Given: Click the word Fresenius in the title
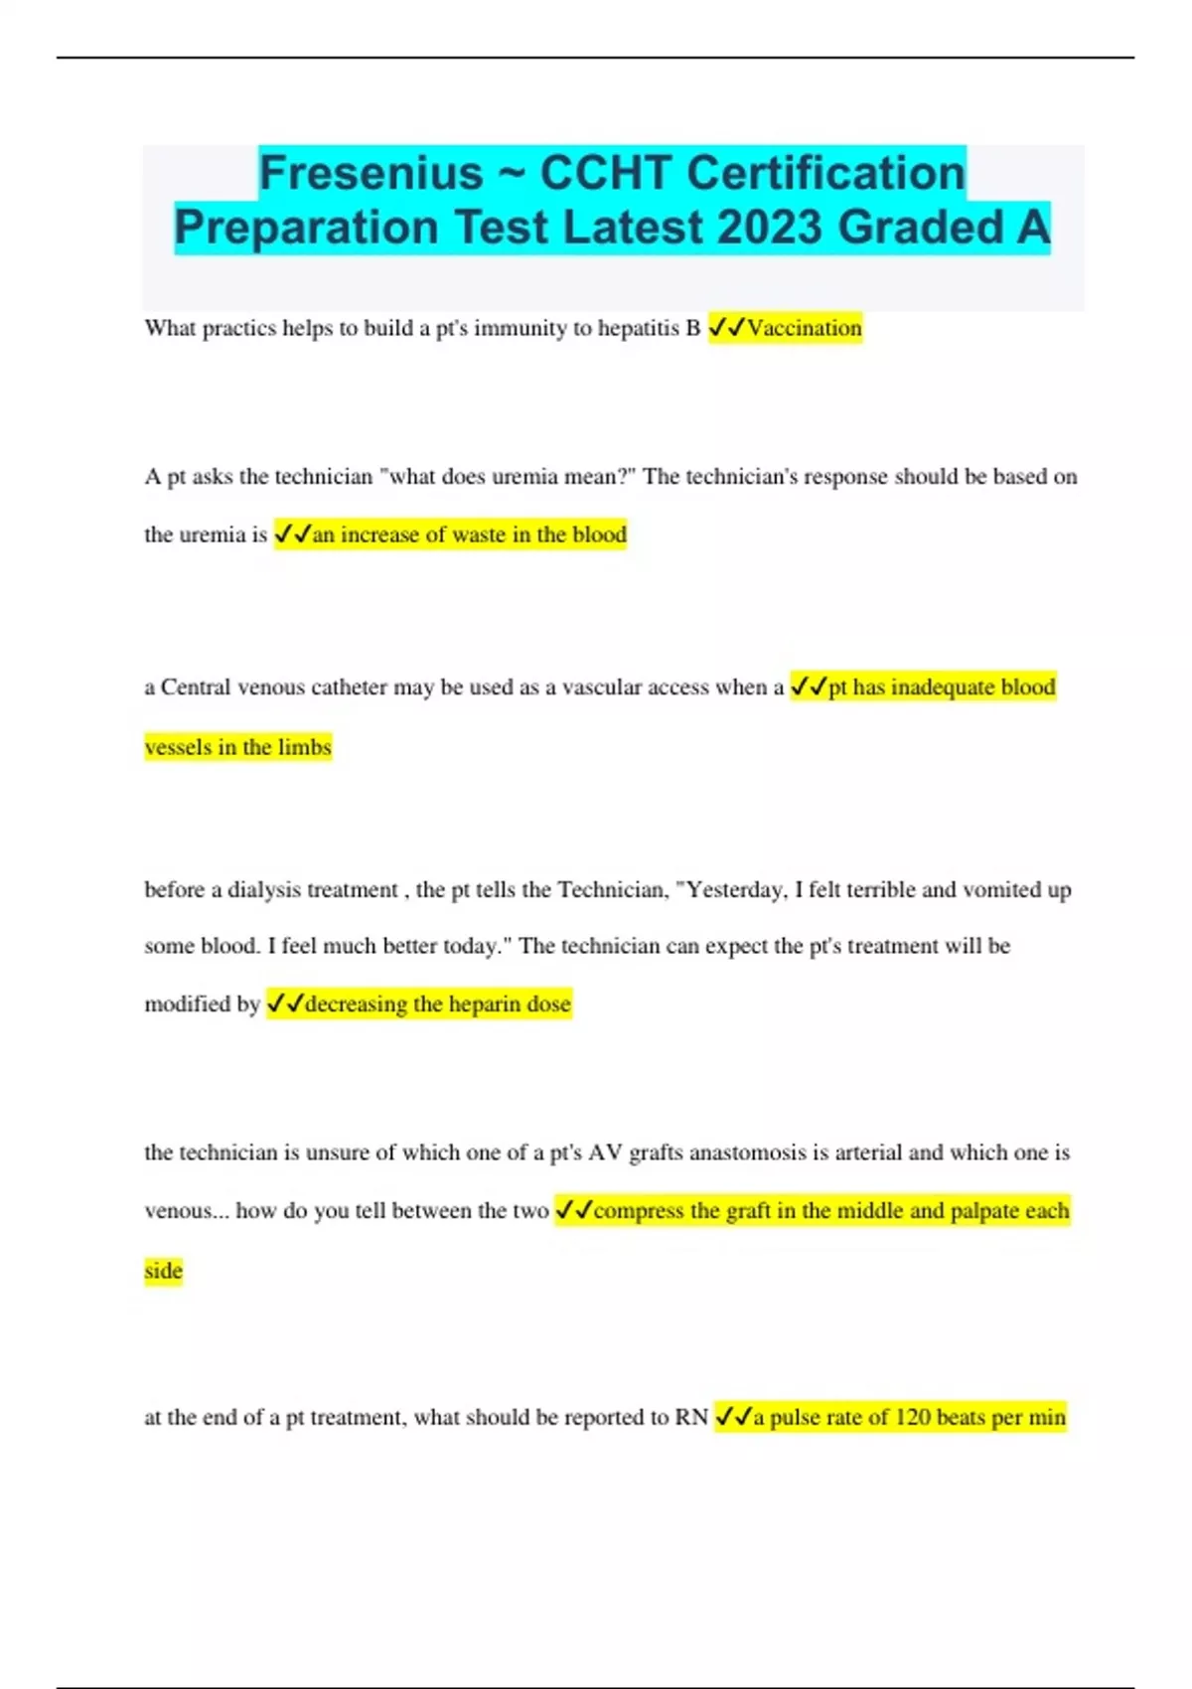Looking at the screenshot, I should click(371, 173).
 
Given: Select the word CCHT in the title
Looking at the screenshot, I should click(606, 173).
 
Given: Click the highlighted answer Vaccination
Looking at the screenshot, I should click(805, 328).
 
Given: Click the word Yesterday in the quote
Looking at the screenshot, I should click(736, 890).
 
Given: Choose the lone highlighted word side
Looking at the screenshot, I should click(163, 1271).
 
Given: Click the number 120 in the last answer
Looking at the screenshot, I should click(913, 1418).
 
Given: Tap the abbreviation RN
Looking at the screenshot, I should click(691, 1418).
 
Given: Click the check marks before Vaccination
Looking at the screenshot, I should click(726, 328).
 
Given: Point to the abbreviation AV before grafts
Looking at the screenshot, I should click(605, 1152).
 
